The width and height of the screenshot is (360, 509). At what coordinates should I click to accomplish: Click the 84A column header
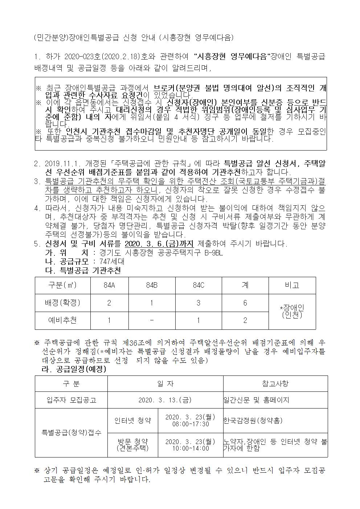tap(109, 285)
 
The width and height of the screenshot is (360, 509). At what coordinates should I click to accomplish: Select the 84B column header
tap(152, 285)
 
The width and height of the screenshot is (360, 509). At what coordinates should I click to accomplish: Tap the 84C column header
tap(198, 285)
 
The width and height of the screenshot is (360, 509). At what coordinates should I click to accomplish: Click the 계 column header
tap(245, 285)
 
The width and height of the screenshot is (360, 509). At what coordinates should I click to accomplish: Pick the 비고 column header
tap(292, 285)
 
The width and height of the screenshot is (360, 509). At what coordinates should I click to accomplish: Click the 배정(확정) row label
tap(62, 303)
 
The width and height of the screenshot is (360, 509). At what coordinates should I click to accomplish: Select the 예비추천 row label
tap(62, 320)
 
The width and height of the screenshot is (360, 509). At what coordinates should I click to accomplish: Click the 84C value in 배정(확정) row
tap(198, 303)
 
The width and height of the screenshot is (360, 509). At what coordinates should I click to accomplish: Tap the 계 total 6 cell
tap(245, 303)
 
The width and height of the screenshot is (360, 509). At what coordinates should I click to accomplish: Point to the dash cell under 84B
tap(152, 320)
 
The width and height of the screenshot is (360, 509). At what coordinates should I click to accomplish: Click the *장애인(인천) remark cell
tap(292, 311)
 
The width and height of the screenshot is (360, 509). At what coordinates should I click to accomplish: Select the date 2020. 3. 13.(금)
tap(165, 400)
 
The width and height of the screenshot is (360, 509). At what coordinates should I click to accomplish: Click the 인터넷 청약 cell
tap(132, 420)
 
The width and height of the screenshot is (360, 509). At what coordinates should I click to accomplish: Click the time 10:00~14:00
tap(190, 448)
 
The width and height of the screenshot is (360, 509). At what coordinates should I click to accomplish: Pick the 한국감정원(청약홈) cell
tap(253, 420)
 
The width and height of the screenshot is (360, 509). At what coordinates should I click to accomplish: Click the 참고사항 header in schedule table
tap(275, 383)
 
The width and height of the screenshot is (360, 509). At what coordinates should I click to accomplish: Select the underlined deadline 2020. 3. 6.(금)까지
tap(159, 243)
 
